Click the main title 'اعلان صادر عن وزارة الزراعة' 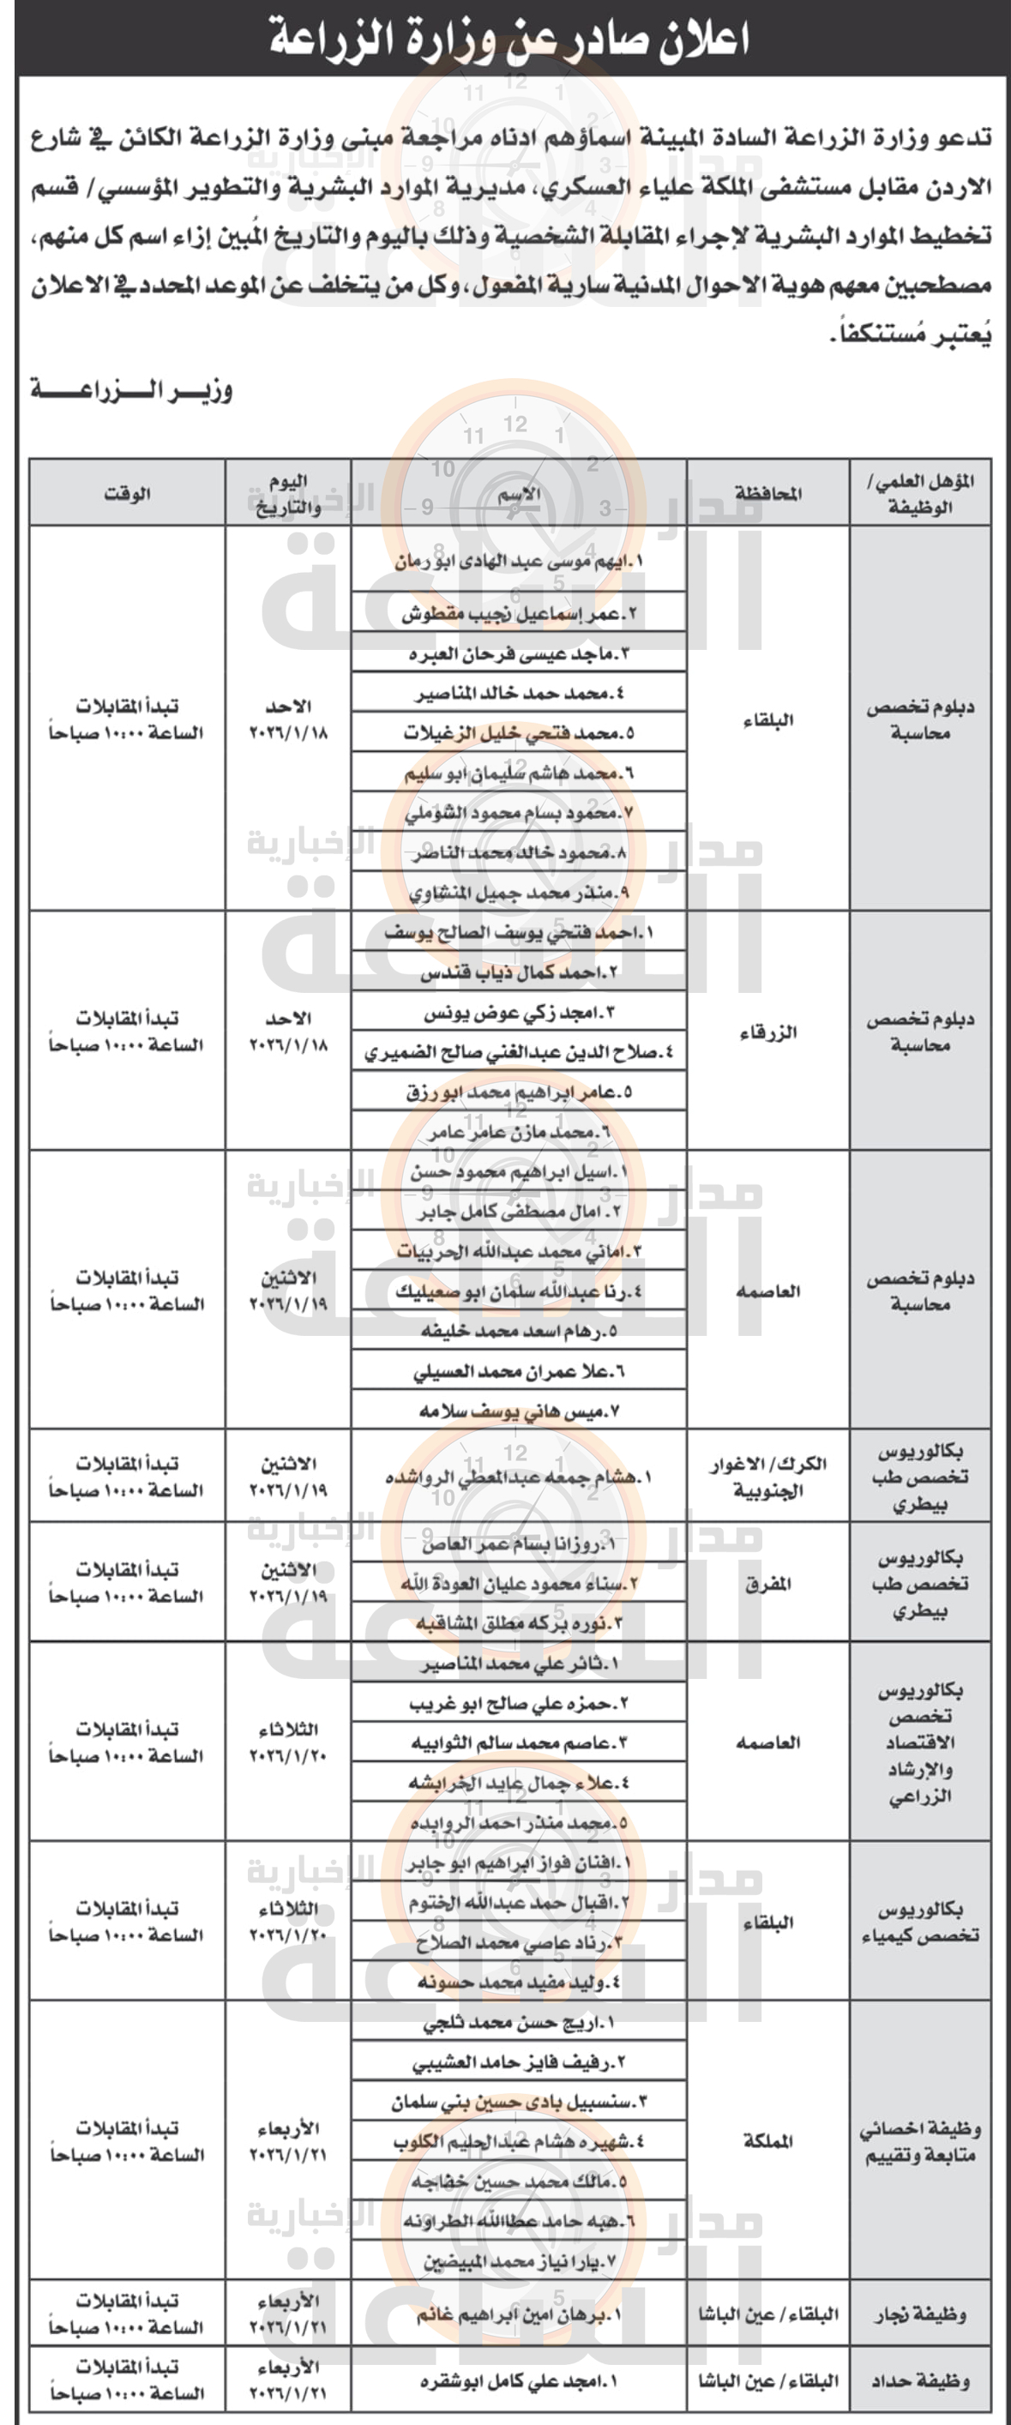[509, 39]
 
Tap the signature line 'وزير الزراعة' [131, 389]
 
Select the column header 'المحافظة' [767, 493]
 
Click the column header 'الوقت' [127, 493]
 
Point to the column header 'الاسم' [519, 493]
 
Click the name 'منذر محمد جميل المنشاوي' [519, 893]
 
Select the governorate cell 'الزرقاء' [767, 1032]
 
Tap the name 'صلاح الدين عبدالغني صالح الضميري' [519, 1052]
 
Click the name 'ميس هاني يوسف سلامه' [519, 1411]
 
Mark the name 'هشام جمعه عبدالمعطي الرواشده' [519, 1477]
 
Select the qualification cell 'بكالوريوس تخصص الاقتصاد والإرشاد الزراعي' [920, 1742]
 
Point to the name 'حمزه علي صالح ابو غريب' [519, 1703]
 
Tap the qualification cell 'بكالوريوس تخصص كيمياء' [920, 1923]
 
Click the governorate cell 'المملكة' [767, 2140]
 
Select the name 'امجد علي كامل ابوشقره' [519, 2380]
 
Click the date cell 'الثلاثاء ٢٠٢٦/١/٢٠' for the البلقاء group [288, 1923]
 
